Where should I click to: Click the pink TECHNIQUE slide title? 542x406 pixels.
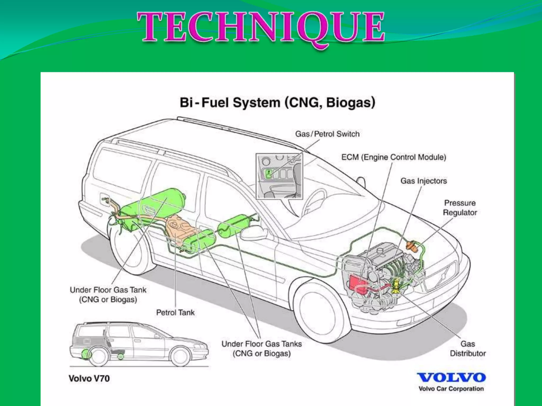pos(261,28)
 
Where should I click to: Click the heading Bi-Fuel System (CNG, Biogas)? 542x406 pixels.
pos(277,103)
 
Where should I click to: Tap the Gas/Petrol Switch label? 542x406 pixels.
pos(327,134)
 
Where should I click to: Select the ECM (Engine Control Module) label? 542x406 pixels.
pos(394,157)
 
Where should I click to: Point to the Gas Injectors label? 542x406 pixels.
pos(423,181)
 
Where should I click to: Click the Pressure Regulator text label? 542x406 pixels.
pos(460,208)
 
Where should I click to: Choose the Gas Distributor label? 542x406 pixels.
pos(468,349)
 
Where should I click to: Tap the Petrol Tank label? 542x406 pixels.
pos(175,312)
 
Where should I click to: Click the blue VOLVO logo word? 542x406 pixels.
pos(451,377)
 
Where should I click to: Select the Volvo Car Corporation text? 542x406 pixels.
pos(451,389)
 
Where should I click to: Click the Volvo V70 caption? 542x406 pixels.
pos(89,379)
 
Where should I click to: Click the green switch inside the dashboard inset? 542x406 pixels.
pos(269,174)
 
